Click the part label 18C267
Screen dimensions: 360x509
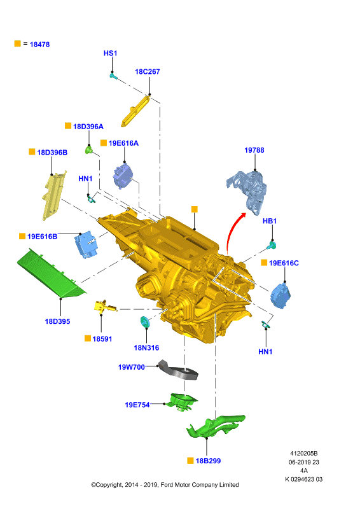[148, 72]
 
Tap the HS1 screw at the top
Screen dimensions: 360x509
[113, 76]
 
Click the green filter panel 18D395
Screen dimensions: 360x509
[52, 274]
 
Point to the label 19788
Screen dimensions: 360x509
[254, 150]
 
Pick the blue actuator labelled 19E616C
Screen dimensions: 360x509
[280, 295]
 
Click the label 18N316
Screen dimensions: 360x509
[146, 348]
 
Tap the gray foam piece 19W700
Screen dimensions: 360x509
[178, 371]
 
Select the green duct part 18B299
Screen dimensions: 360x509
[215, 426]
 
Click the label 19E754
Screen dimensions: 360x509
[137, 405]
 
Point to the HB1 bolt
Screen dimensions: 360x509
[272, 246]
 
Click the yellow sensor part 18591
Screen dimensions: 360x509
[104, 307]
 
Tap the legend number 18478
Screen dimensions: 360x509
[39, 45]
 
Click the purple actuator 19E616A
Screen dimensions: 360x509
[122, 177]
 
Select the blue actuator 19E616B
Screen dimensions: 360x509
[85, 244]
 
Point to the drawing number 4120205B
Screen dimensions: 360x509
[304, 454]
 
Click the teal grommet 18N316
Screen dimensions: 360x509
[144, 322]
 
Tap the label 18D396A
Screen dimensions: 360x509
[88, 127]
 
